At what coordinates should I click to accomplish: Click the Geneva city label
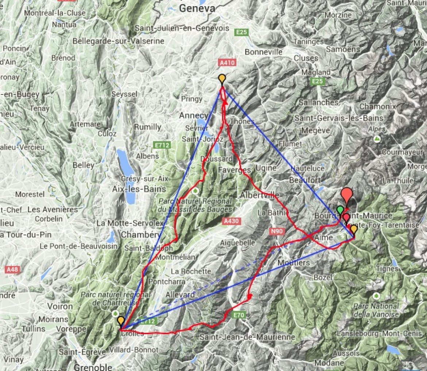click(197, 8)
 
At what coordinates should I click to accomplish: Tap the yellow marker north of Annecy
click(222, 79)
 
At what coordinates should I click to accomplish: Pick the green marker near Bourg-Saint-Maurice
click(340, 210)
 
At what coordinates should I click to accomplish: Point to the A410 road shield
click(226, 62)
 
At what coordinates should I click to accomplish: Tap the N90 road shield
click(277, 231)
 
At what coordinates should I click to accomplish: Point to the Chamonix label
click(377, 107)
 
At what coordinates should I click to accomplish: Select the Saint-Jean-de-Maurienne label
click(247, 337)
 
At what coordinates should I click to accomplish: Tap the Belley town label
click(83, 165)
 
